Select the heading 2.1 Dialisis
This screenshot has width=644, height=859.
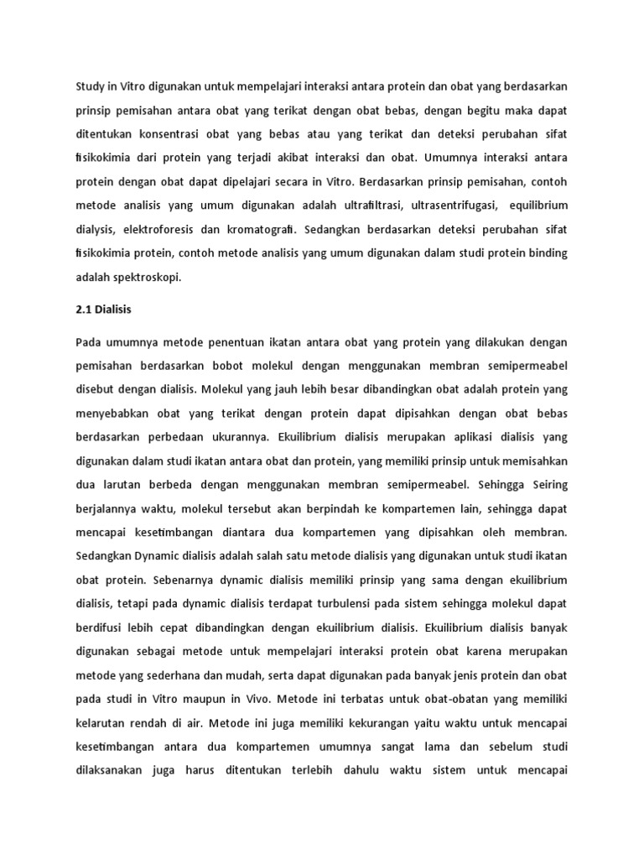(x=104, y=309)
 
